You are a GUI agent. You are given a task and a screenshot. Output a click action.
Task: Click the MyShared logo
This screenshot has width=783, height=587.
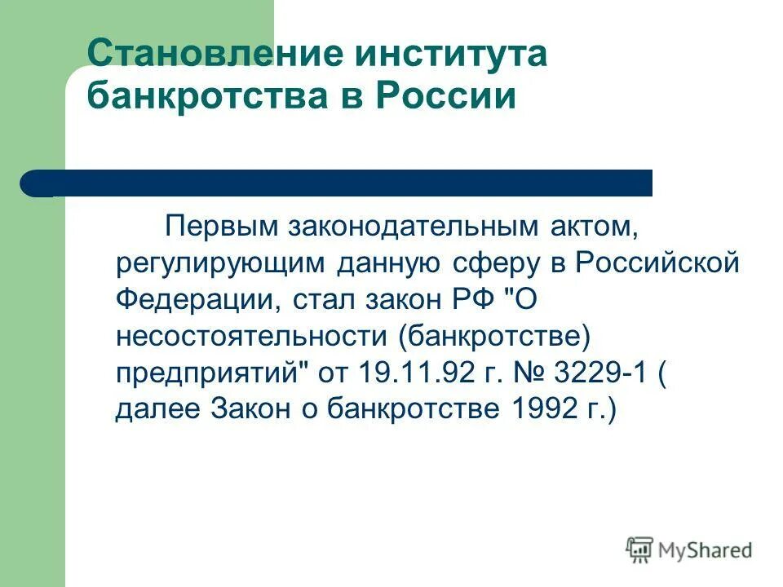[x=689, y=550]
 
